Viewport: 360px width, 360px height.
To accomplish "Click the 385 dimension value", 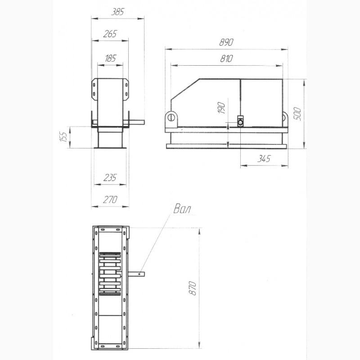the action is [x=117, y=12].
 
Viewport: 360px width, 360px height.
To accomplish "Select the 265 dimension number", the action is [x=110, y=34].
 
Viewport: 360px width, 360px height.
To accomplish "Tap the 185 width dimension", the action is [x=110, y=58].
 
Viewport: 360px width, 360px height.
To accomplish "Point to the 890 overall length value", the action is [x=226, y=42].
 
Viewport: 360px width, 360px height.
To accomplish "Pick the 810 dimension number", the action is [x=226, y=59].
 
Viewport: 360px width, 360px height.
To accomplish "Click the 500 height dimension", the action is [x=297, y=113].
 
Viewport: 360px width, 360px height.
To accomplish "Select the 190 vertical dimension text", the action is [x=221, y=108].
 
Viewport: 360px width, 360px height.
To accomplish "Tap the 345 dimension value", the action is [x=264, y=159].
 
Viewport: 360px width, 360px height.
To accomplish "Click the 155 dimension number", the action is [x=63, y=136].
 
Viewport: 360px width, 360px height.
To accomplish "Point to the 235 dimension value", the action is [x=110, y=177].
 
